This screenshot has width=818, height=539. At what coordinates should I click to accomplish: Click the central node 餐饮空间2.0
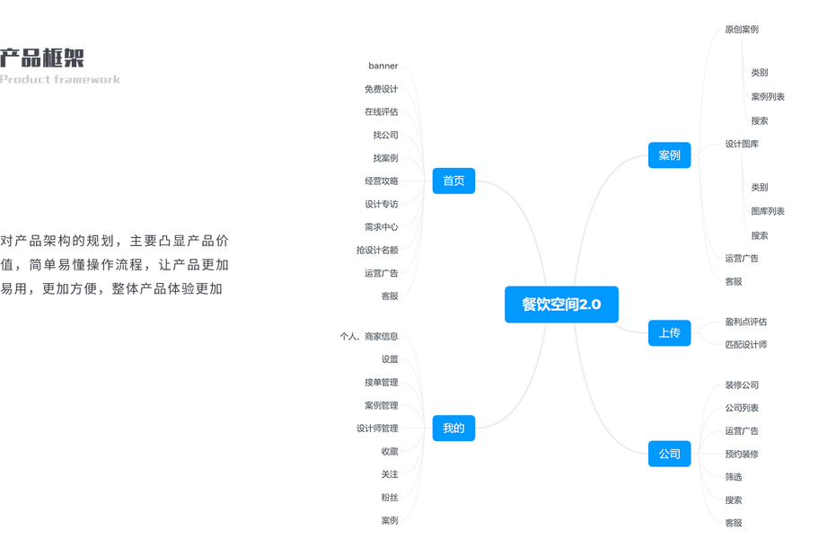(561, 305)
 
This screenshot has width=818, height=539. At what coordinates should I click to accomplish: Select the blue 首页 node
(453, 181)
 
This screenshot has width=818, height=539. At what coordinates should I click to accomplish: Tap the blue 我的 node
(453, 429)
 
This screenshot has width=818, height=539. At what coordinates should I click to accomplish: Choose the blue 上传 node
(669, 333)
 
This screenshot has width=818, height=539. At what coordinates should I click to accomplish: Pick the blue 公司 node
(669, 454)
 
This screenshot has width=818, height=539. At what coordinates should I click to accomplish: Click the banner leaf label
(383, 66)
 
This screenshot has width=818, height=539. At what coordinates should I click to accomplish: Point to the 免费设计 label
(381, 89)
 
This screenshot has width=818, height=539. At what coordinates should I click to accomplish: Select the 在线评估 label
(381, 112)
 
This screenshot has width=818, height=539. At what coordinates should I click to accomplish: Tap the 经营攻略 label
(381, 181)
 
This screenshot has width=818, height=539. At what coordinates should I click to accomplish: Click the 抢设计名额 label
(377, 250)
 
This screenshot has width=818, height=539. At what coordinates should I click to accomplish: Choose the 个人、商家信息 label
(368, 337)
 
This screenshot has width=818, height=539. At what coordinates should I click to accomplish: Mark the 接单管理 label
(381, 383)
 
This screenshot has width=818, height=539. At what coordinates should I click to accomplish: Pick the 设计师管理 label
(377, 429)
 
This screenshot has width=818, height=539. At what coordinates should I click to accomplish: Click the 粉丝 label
(389, 497)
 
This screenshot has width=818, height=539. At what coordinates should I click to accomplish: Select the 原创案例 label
(742, 30)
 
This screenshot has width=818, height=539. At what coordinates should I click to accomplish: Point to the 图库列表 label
(768, 211)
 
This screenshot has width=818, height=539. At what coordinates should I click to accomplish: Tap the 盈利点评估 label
(746, 322)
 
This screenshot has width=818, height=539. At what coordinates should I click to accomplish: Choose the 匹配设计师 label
(746, 344)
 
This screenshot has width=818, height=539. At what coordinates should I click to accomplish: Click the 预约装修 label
(742, 454)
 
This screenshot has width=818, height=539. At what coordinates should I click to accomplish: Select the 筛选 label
(734, 477)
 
